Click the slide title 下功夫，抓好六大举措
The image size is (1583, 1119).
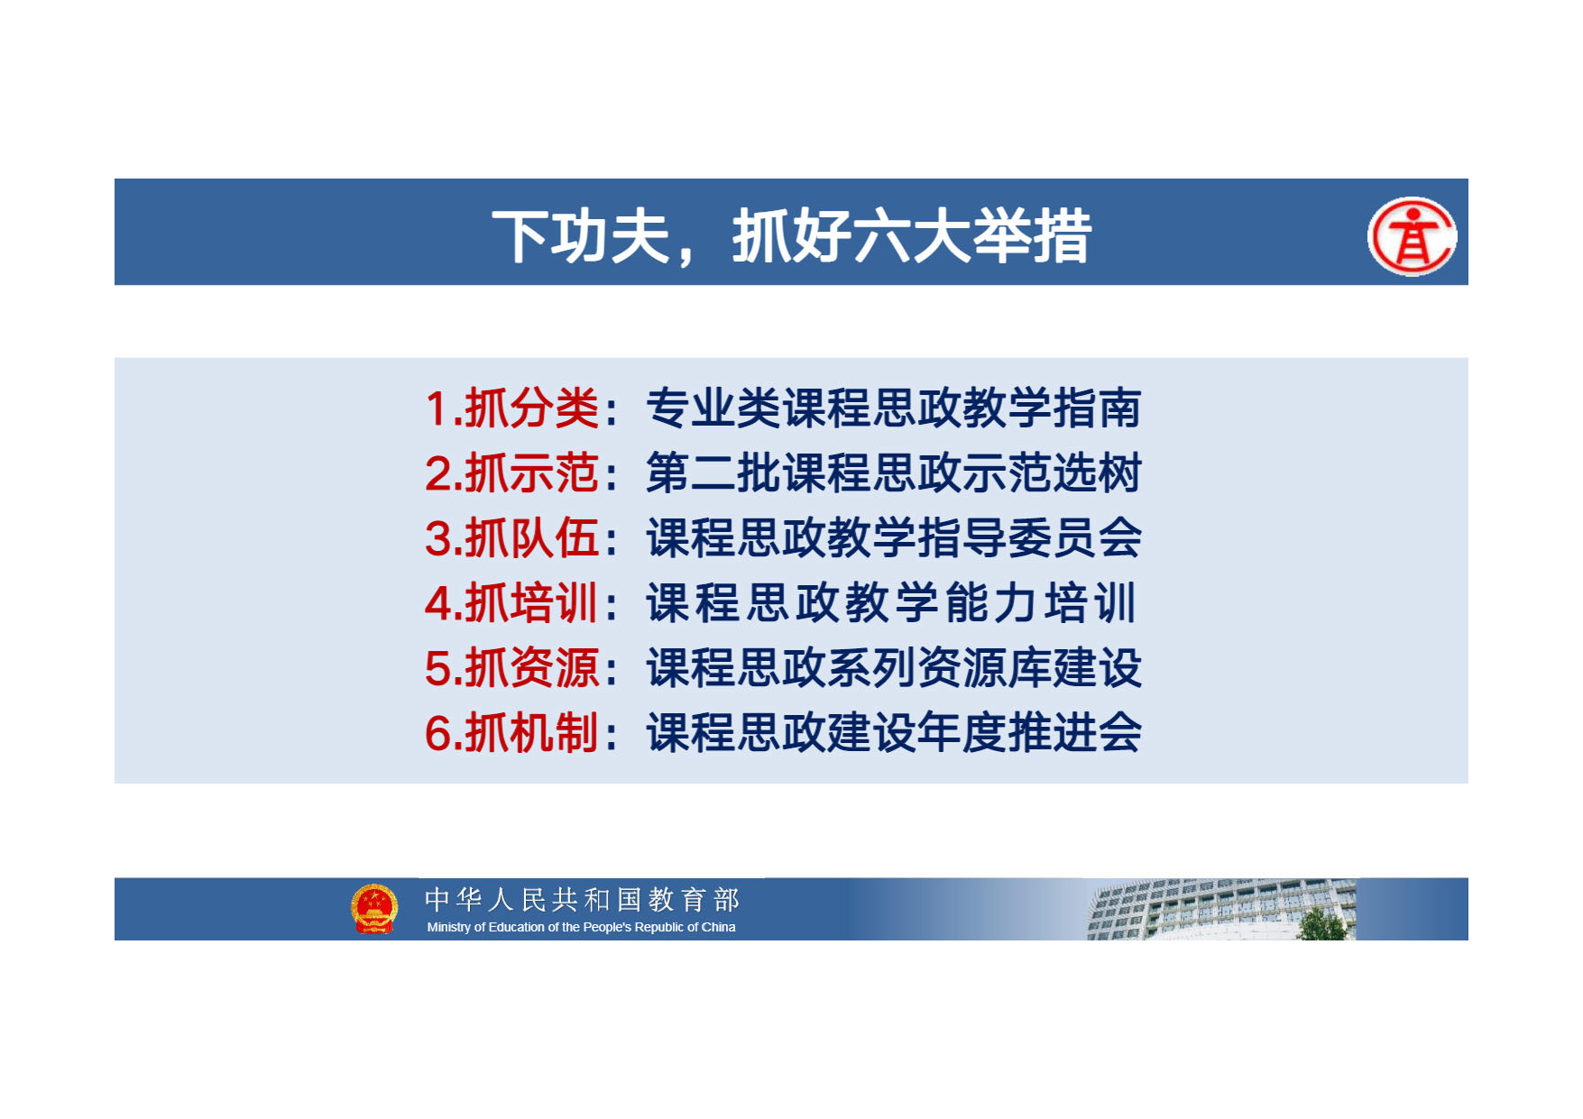[791, 237]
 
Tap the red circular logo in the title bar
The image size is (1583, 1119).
[1412, 236]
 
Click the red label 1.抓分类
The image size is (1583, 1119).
[511, 408]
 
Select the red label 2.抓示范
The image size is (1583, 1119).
[511, 473]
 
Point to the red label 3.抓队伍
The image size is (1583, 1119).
[511, 538]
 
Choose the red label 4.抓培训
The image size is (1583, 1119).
[511, 603]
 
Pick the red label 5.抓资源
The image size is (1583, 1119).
[511, 668]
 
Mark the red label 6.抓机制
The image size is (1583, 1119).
[511, 732]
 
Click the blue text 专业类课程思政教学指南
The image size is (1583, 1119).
[894, 408]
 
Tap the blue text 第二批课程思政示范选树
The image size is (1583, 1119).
[894, 473]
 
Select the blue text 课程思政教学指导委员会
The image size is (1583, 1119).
[894, 538]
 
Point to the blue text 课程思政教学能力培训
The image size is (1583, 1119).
[891, 603]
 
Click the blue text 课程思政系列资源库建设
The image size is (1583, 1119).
[894, 668]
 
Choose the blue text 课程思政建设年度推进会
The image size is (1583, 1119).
[894, 732]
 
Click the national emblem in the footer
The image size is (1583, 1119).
[374, 909]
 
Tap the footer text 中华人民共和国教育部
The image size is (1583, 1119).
[582, 900]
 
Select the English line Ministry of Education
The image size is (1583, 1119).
[581, 927]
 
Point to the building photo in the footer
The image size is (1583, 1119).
[1221, 910]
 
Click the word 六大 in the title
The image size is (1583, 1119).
[912, 237]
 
